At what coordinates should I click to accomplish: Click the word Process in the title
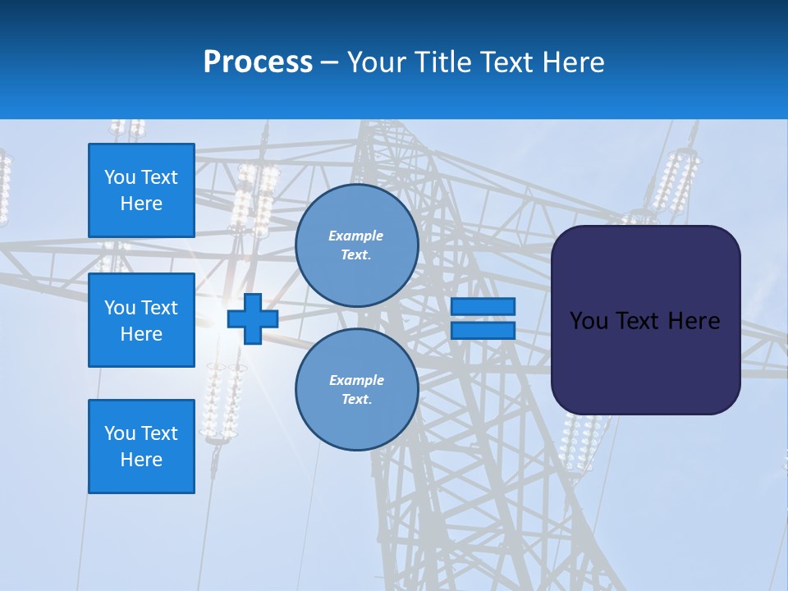tap(258, 62)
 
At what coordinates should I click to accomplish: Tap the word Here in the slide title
tap(574, 62)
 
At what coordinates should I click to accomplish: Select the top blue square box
tap(141, 190)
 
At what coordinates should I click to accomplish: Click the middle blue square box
tap(141, 320)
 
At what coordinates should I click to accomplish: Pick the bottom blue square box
tap(141, 446)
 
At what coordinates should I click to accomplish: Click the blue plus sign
tap(252, 319)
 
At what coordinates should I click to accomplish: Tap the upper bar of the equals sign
tap(483, 306)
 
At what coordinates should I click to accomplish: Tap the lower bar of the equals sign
tap(483, 331)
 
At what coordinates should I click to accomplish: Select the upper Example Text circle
tap(356, 245)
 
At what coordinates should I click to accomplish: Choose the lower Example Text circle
tap(356, 390)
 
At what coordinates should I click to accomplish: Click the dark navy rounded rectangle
tap(645, 319)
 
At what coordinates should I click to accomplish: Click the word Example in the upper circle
tap(356, 236)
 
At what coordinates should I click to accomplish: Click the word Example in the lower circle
tap(356, 381)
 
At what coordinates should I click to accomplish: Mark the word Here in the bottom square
tap(141, 460)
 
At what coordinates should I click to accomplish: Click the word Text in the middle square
tap(159, 308)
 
